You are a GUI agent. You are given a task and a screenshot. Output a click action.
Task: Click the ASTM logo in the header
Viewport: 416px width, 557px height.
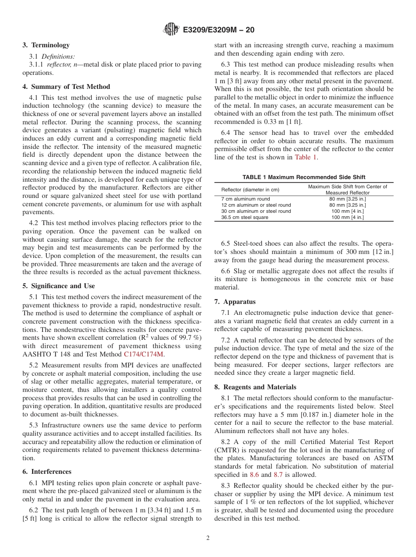click(171, 30)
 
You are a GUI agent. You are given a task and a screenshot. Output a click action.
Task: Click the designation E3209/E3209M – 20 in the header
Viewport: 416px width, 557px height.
click(219, 30)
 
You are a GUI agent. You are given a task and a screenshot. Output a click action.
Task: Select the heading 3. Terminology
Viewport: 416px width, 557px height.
click(46, 45)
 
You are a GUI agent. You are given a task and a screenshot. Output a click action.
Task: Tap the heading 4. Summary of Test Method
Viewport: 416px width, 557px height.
click(66, 87)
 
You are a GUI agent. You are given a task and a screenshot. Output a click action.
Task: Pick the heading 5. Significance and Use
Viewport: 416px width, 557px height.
click(59, 286)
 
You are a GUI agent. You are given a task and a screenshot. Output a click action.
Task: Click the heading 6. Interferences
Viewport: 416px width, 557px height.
click(47, 472)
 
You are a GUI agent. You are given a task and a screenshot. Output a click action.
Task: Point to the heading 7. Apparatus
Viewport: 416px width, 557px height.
click(235, 302)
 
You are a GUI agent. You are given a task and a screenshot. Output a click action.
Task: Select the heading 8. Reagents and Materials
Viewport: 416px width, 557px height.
click(255, 387)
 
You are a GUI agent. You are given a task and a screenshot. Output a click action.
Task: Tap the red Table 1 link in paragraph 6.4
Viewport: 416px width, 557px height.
click(306, 157)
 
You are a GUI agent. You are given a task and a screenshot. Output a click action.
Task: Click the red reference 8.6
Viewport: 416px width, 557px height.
click(254, 475)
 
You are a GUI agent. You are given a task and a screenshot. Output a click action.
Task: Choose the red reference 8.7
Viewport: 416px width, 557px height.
click(278, 475)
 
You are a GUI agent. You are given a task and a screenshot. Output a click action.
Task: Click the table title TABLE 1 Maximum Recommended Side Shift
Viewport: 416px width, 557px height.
click(303, 177)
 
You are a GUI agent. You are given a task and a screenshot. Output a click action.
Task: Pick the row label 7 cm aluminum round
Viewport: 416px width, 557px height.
click(246, 199)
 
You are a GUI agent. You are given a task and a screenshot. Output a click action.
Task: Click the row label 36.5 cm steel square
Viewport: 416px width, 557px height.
click(245, 217)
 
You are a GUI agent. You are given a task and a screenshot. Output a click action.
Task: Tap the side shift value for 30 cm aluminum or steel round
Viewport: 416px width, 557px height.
click(347, 211)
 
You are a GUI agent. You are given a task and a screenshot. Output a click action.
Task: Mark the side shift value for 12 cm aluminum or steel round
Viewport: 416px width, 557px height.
click(347, 205)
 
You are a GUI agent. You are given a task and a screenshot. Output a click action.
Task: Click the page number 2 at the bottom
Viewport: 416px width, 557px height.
click(208, 538)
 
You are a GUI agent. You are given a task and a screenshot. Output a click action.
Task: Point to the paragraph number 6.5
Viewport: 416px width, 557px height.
click(226, 243)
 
